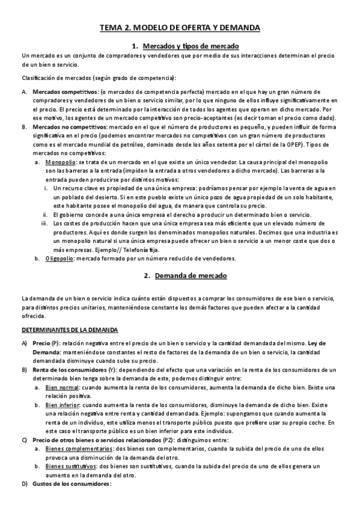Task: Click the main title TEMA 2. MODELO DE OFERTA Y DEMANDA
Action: [180, 28]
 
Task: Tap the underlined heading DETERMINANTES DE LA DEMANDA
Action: [70, 330]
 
